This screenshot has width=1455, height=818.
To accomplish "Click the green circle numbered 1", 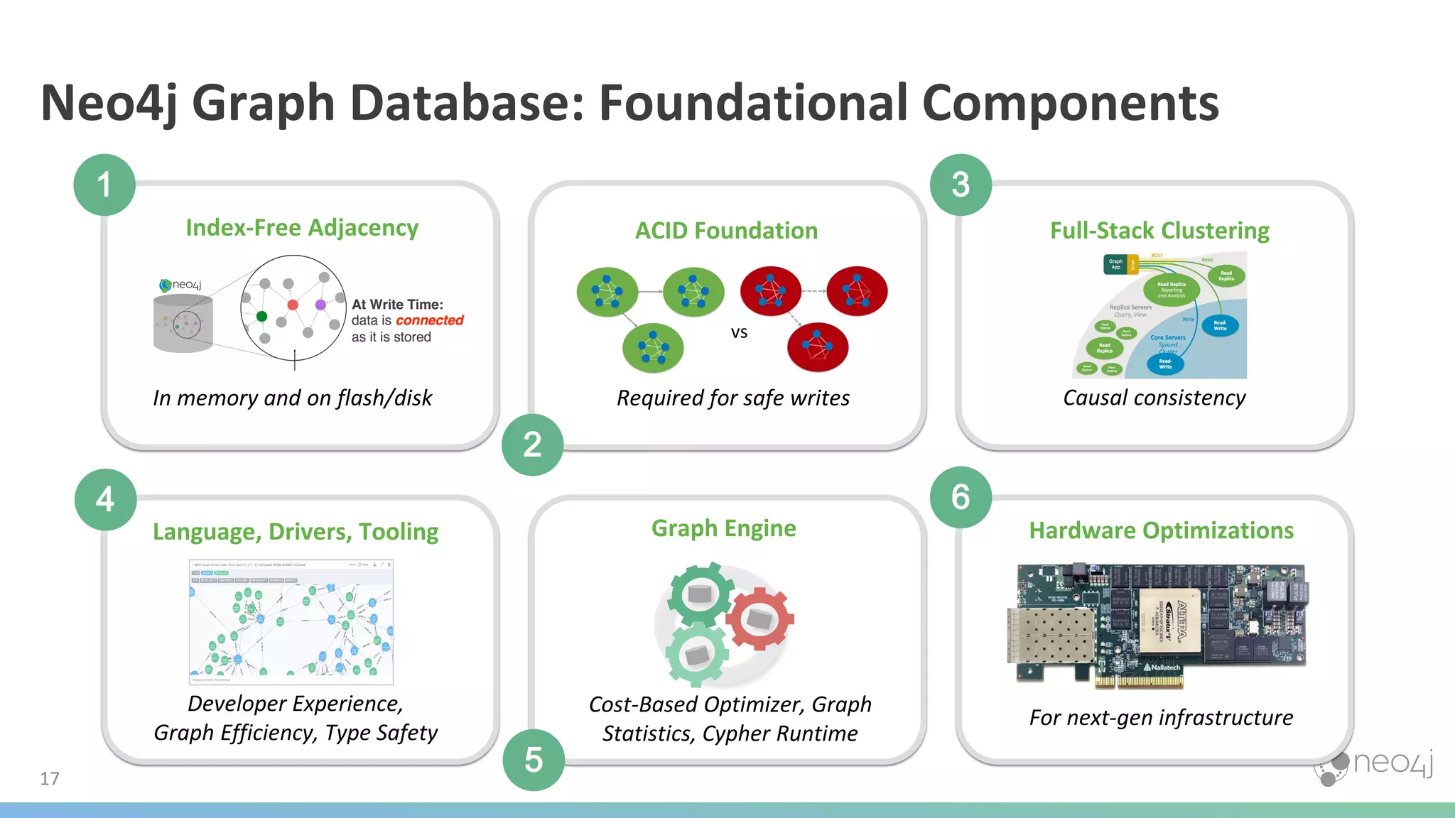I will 104,185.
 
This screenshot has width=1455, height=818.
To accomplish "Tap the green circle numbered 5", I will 534,760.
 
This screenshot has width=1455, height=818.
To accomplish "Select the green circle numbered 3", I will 961,185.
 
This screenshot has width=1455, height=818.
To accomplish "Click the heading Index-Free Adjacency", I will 302,228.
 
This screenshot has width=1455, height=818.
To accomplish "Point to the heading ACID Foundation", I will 726,231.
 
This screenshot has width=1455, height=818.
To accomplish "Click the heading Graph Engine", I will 723,528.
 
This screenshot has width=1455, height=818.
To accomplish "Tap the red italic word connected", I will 429,320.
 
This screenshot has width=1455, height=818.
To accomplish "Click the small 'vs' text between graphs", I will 739,332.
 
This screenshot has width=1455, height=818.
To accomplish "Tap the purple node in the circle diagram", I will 320,305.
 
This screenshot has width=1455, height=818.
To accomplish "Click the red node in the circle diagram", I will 293,305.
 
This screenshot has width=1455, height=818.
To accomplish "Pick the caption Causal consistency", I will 1154,398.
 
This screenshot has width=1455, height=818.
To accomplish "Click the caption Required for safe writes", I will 732,398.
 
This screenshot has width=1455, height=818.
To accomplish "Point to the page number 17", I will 49,779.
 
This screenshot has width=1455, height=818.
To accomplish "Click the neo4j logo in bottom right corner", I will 1375,765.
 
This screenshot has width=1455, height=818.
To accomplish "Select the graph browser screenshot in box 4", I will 291,621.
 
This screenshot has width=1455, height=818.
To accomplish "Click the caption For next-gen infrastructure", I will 1161,718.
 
